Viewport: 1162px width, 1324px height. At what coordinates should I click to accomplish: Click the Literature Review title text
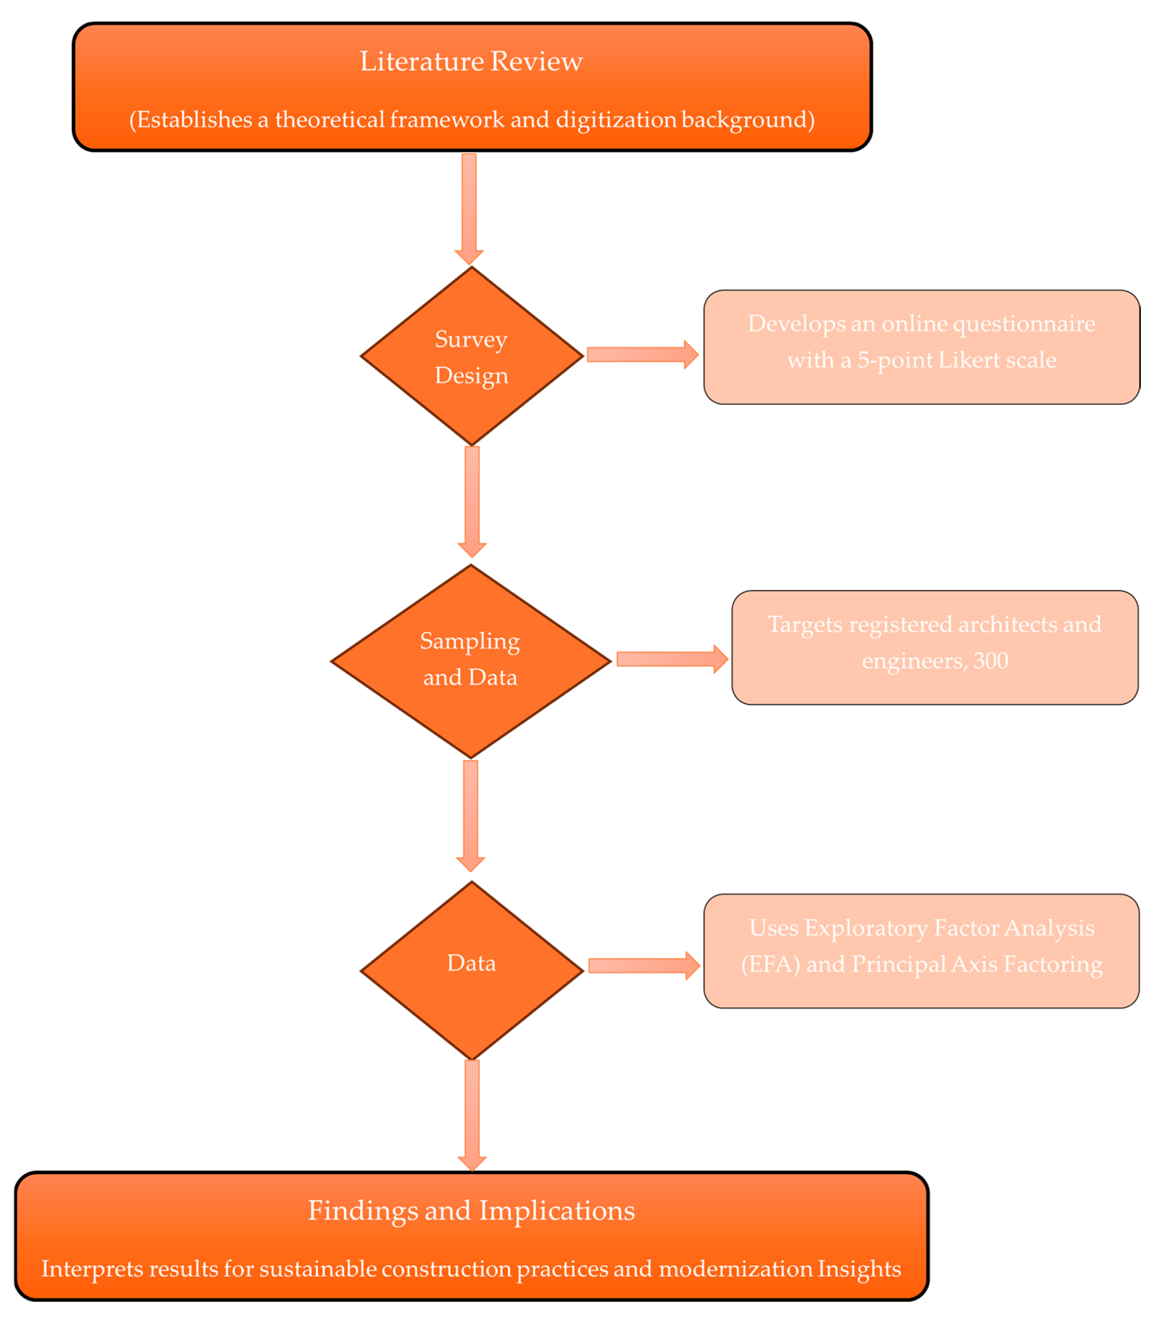coord(471,61)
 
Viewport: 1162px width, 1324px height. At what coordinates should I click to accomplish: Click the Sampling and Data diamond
coord(470,661)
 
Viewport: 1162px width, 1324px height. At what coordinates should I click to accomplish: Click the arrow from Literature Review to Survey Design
coord(469,207)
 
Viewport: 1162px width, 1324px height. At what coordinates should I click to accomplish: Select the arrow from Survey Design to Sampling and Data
coord(472,500)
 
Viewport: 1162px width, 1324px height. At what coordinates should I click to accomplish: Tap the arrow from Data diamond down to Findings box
coord(472,1114)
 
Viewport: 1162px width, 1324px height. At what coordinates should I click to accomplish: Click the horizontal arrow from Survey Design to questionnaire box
coord(641,354)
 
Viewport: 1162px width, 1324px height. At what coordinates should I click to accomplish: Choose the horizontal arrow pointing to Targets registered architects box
coord(671,659)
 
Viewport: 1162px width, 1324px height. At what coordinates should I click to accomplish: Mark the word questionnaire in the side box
coord(1024,324)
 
